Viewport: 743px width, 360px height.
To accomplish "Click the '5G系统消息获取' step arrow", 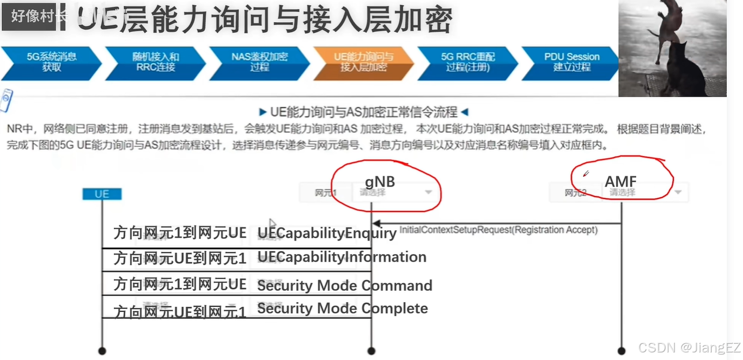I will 51,62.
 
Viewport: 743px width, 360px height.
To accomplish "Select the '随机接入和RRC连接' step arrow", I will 155,62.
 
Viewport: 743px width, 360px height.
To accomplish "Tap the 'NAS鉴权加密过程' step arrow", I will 259,62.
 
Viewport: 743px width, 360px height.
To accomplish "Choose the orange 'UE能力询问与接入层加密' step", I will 363,62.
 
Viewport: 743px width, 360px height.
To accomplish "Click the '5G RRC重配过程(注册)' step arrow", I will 467,62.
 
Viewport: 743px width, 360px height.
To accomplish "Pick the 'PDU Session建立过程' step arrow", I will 571,62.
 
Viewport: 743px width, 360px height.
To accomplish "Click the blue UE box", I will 102,194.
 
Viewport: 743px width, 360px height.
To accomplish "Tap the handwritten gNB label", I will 380,182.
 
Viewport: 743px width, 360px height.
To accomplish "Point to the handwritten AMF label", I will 620,182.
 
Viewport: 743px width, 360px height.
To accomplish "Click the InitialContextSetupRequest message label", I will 498,230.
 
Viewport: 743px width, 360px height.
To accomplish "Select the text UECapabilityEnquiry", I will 327,234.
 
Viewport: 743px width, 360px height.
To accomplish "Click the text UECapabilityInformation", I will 342,257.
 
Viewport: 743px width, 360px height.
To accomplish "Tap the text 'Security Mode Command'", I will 345,285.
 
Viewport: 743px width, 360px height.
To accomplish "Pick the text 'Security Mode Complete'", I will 343,309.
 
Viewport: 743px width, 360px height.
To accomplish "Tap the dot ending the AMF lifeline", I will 621,351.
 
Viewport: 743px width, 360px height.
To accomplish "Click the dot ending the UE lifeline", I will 102,351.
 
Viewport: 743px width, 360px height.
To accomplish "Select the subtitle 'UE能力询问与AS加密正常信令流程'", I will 364,112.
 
